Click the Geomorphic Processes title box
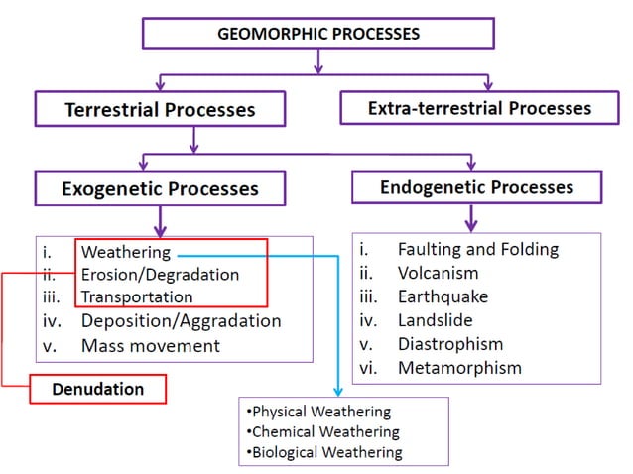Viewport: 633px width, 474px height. click(x=317, y=34)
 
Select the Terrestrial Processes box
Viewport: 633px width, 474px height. click(x=160, y=109)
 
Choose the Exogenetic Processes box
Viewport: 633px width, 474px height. click(x=160, y=188)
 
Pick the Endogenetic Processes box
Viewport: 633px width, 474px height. click(x=476, y=187)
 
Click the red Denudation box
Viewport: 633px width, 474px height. click(x=97, y=389)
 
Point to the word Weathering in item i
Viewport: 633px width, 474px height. click(x=126, y=252)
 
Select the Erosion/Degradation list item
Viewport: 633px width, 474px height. click(x=160, y=275)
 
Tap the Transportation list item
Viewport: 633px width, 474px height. click(x=137, y=296)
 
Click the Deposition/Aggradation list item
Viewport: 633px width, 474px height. click(x=181, y=320)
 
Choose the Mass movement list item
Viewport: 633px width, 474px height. click(x=151, y=345)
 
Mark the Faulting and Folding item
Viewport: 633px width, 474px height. click(x=478, y=249)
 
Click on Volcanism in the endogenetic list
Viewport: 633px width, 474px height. click(x=438, y=273)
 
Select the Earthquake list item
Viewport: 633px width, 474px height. click(x=443, y=296)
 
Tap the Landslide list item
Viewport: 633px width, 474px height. click(x=435, y=320)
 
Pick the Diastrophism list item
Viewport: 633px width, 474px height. click(x=449, y=344)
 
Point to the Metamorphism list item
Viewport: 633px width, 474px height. click(x=458, y=368)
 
